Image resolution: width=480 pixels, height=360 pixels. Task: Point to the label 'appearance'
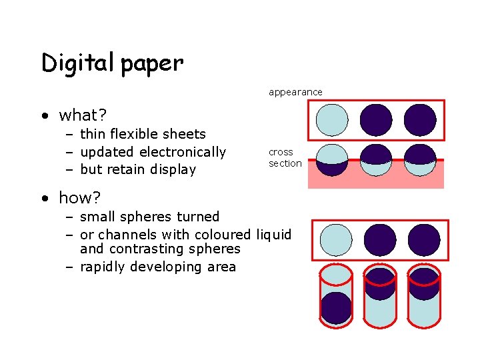click(x=295, y=92)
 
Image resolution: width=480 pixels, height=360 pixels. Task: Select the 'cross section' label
click(x=285, y=157)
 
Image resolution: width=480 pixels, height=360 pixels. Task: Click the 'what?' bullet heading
click(x=83, y=115)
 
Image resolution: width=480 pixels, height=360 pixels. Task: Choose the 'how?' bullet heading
click(x=80, y=198)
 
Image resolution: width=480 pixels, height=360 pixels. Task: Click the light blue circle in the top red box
click(x=332, y=120)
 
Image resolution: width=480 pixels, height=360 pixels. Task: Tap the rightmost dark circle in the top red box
click(x=420, y=120)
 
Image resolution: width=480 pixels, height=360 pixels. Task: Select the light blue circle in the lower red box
click(x=336, y=240)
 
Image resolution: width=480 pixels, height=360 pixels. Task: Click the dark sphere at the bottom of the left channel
click(x=336, y=308)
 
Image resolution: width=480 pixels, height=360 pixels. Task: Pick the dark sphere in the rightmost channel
click(x=424, y=284)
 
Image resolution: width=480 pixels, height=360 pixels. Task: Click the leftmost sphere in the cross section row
click(x=332, y=160)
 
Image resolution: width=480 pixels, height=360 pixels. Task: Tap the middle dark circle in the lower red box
click(x=380, y=240)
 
